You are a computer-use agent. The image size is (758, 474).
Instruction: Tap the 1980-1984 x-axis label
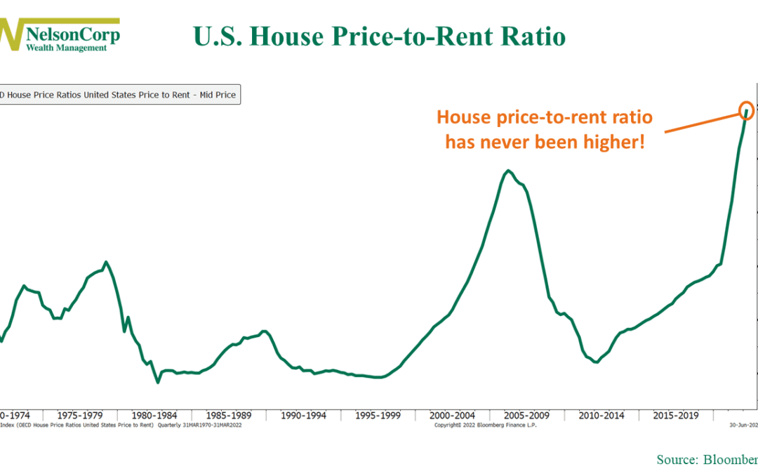pos(155,415)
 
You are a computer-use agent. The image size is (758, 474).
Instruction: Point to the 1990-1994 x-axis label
pos(302,415)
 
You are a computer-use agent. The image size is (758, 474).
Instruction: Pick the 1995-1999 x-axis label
pos(377,415)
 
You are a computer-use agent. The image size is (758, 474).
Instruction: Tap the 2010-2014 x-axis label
pos(601,415)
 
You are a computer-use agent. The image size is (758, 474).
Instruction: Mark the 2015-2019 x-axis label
pos(676,415)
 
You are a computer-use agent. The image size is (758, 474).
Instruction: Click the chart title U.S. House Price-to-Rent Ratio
pos(379,36)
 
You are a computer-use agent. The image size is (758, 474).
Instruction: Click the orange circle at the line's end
pos(747,110)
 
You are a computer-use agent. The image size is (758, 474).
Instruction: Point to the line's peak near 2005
pos(508,171)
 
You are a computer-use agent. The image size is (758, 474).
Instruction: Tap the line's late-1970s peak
pos(106,263)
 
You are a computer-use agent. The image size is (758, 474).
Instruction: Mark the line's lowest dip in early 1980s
pos(158,382)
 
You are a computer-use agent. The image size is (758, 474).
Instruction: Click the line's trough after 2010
pos(596,362)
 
